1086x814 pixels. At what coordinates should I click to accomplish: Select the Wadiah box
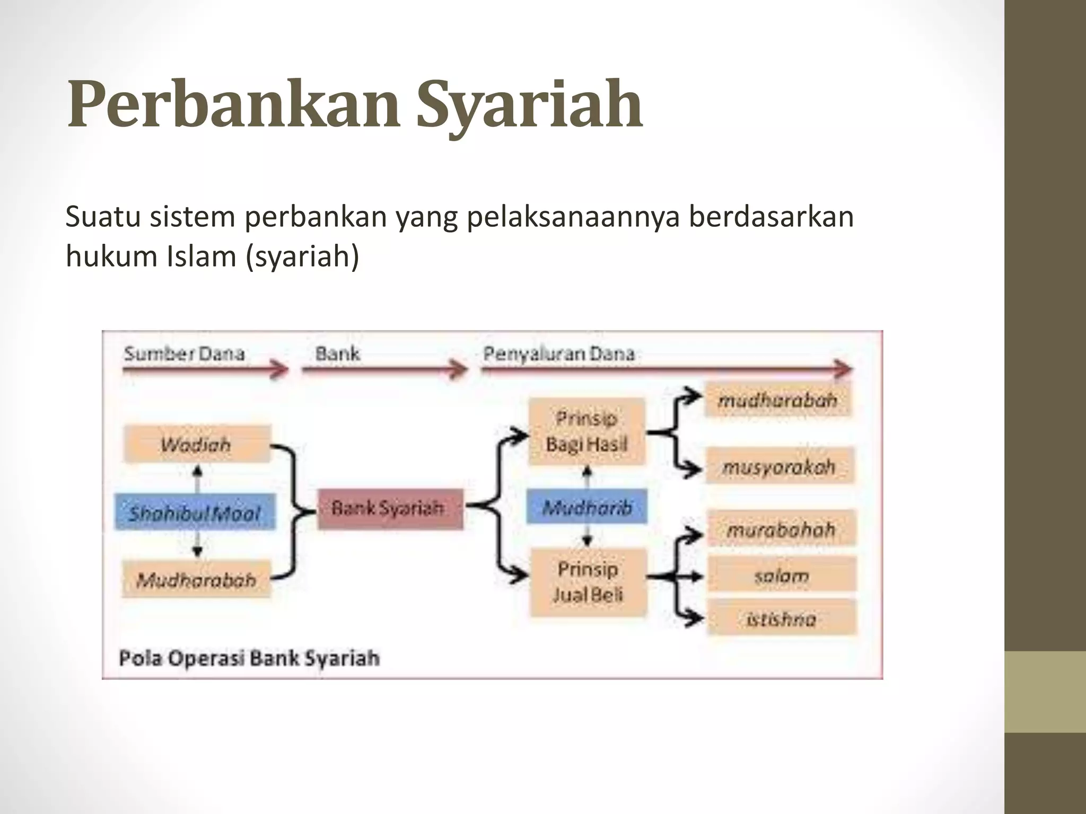coord(196,444)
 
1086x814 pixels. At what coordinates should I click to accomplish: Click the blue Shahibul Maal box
coord(195,512)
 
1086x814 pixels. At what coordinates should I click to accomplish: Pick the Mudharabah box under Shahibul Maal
coord(196,580)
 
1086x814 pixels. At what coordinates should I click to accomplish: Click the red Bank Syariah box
coord(390,509)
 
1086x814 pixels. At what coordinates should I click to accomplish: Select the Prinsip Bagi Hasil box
coord(586,432)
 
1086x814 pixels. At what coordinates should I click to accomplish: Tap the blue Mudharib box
coord(586,508)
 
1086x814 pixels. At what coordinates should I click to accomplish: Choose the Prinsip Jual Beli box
coord(588,582)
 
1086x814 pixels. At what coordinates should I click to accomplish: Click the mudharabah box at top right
coord(778,400)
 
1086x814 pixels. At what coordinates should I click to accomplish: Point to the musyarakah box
coord(779,466)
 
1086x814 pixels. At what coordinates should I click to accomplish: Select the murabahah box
coord(781,528)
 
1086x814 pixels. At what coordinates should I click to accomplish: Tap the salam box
coord(782,575)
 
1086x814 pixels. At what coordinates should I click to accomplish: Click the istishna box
coord(782,618)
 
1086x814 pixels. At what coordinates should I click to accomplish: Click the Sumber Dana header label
coord(185,353)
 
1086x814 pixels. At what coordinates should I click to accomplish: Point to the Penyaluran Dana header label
coord(559,353)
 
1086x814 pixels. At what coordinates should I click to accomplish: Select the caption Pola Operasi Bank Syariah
coord(249,658)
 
